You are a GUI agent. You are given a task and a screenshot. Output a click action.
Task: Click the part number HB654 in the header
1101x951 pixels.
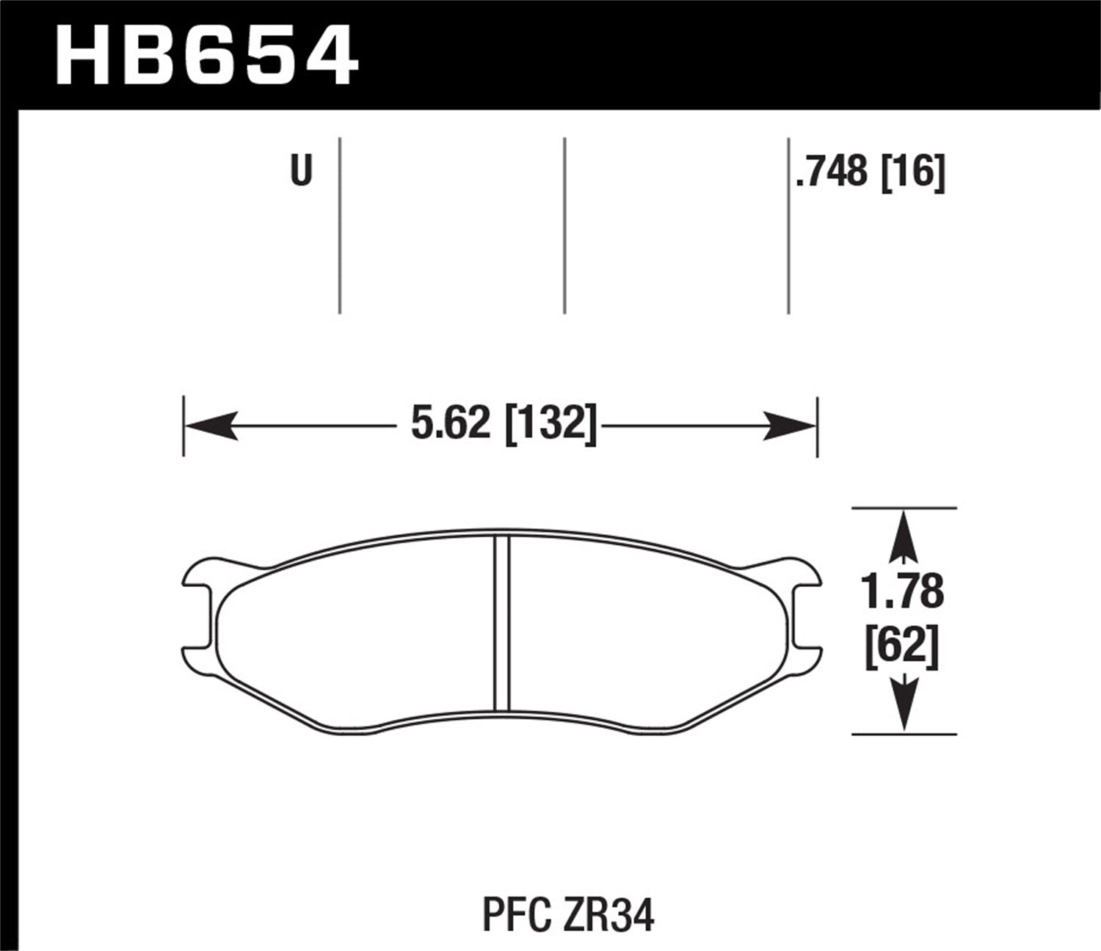click(x=206, y=54)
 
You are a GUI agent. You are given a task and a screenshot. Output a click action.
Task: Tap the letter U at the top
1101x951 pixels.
click(x=301, y=171)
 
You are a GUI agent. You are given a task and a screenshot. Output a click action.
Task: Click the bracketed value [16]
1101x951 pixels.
click(x=912, y=172)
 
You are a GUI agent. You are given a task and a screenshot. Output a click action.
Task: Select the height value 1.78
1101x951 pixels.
click(x=903, y=592)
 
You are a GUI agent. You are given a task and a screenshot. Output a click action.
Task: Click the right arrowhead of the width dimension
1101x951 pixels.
click(x=790, y=425)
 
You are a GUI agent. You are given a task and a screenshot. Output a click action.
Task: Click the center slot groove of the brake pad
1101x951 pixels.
click(x=502, y=624)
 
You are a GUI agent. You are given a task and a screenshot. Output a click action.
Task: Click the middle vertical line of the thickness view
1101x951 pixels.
click(x=564, y=225)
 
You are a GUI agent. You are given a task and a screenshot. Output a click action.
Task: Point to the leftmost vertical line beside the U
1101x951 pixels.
click(x=340, y=225)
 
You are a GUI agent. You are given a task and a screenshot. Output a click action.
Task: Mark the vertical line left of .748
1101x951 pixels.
click(x=788, y=225)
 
